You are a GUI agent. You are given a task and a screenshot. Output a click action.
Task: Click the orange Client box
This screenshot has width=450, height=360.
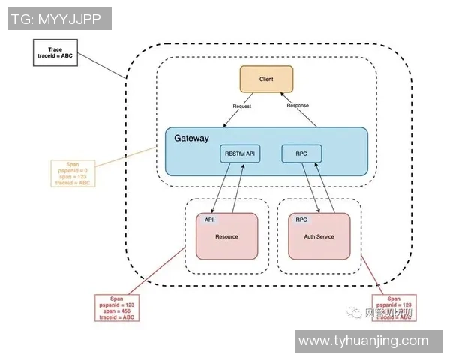266,79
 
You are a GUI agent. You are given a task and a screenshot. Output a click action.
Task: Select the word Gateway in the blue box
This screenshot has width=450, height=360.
191,139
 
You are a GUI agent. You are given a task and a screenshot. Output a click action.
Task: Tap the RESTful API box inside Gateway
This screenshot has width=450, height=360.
241,154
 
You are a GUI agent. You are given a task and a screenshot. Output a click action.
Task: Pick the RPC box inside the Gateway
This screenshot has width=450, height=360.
301,154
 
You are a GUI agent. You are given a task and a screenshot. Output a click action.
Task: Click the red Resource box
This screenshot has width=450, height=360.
226,236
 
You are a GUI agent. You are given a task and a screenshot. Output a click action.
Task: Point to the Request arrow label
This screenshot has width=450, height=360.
241,106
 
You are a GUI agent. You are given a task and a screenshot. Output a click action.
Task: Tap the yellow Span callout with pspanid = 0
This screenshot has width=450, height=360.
73,172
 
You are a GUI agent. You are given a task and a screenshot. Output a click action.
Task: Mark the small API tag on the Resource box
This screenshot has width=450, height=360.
209,220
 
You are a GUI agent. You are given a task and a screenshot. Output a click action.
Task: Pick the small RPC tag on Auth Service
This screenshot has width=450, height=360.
301,220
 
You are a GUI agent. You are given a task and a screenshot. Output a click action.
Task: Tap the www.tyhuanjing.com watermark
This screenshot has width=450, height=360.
363,340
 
